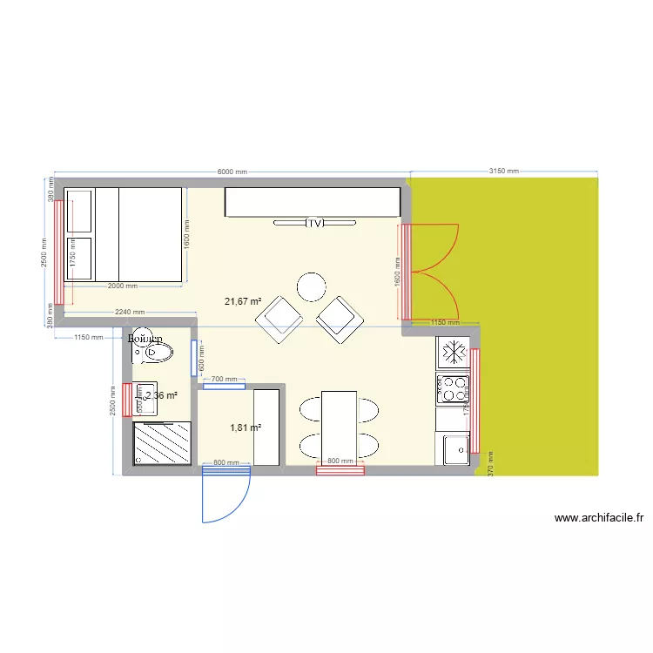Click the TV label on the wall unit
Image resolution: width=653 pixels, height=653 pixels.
pyautogui.click(x=314, y=223)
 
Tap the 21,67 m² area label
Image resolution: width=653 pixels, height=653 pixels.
pyautogui.click(x=244, y=302)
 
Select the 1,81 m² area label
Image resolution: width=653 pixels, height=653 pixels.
pyautogui.click(x=246, y=427)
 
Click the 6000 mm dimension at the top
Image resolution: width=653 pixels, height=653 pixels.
pyautogui.click(x=232, y=172)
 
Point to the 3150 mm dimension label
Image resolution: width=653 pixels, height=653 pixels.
pyautogui.click(x=503, y=172)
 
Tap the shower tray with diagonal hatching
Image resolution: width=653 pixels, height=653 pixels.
pyautogui.click(x=163, y=442)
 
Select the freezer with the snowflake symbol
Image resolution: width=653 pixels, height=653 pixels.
pyautogui.click(x=453, y=353)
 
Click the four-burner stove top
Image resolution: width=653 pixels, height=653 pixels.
pyautogui.click(x=453, y=388)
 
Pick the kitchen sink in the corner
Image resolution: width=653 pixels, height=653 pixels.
pyautogui.click(x=454, y=449)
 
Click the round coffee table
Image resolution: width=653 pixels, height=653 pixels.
pyautogui.click(x=311, y=286)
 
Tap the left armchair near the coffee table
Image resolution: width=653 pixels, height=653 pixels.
pyautogui.click(x=279, y=319)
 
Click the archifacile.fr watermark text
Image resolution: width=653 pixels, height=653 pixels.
pyautogui.click(x=598, y=518)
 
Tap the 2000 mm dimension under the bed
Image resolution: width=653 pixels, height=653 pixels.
pyautogui.click(x=122, y=286)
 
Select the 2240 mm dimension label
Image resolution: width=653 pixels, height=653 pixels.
pyautogui.click(x=127, y=313)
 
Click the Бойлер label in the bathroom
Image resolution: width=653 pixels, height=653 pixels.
pyautogui.click(x=145, y=338)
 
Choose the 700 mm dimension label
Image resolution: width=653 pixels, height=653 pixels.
pyautogui.click(x=224, y=380)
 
